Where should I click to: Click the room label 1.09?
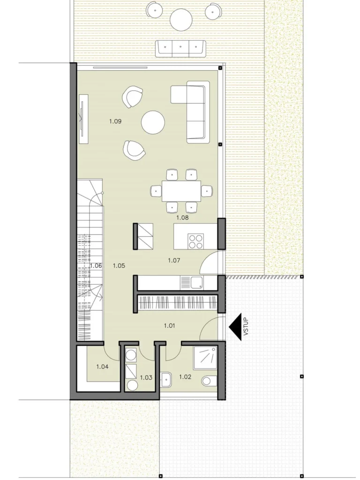[x=115, y=121]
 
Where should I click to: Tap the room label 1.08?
[x=182, y=217]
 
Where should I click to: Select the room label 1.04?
[x=102, y=367]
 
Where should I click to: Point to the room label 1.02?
[x=185, y=377]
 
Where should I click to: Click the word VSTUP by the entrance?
[x=247, y=330]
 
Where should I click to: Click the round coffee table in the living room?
[x=153, y=122]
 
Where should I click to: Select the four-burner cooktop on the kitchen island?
[x=196, y=241]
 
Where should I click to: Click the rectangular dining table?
[x=181, y=191]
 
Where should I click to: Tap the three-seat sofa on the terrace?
[x=180, y=48]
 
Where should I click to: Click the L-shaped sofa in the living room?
[x=190, y=112]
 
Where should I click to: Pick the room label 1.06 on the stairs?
[x=96, y=266]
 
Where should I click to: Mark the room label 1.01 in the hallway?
[x=169, y=325]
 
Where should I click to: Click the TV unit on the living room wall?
[x=83, y=119]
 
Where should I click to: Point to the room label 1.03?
[x=146, y=377]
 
